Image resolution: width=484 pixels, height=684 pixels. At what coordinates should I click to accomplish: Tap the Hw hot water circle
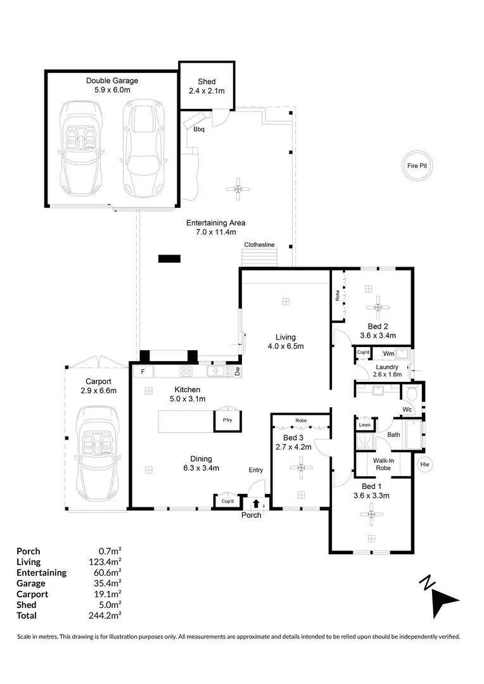coord(425,465)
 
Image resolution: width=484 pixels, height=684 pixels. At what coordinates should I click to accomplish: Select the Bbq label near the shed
coord(200,130)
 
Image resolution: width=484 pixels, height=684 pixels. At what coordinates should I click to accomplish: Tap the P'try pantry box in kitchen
coord(226,421)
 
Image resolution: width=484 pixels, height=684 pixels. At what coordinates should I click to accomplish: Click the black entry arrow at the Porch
coord(256,504)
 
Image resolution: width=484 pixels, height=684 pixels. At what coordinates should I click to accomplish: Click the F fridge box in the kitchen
coord(143,371)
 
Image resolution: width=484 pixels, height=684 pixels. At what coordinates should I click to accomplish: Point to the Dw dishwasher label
coord(237,372)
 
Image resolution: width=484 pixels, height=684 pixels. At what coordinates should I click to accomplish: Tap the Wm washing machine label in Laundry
coord(387,353)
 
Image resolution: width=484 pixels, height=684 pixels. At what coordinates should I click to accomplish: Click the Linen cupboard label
coord(365,425)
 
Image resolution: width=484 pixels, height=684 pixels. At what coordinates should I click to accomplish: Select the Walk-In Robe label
coord(383,464)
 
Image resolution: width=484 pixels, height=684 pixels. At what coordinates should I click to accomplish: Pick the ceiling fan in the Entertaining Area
coord(238,188)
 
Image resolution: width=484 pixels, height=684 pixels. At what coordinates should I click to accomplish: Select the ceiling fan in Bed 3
coord(302,468)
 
